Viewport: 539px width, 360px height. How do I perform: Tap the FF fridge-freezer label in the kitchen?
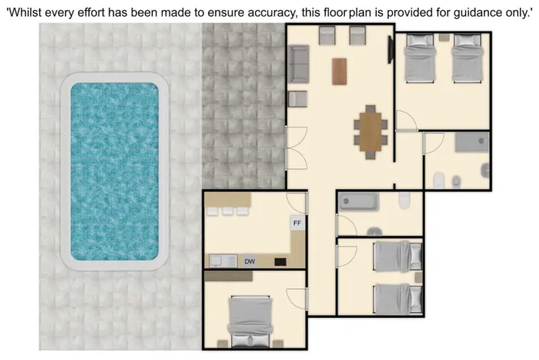(x=297, y=223)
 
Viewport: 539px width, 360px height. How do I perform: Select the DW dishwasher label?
(x=250, y=261)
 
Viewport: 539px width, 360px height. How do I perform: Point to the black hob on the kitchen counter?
(x=281, y=262)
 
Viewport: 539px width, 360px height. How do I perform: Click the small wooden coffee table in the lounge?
(x=340, y=70)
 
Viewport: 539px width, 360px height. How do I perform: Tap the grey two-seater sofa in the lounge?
(x=298, y=62)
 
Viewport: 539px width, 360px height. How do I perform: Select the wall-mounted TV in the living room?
(x=391, y=51)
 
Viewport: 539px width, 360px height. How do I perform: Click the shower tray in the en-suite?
(x=469, y=143)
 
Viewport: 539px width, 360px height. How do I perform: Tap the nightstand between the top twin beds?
(x=443, y=37)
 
